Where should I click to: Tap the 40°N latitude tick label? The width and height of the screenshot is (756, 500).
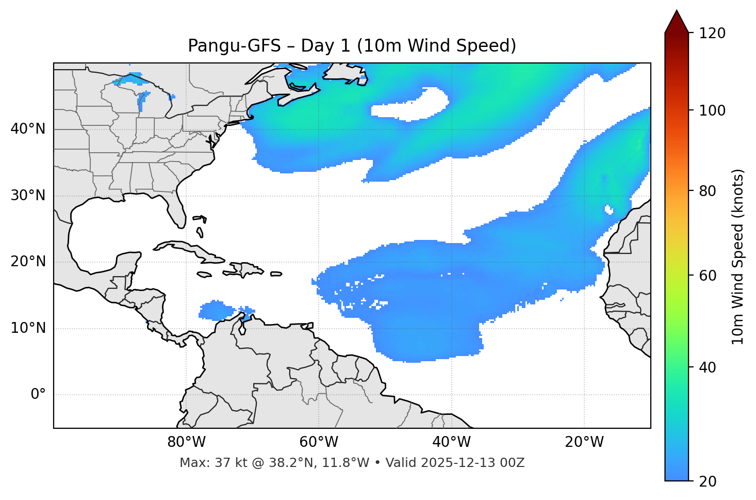(x=28, y=129)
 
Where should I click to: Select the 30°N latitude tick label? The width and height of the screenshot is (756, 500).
(x=28, y=196)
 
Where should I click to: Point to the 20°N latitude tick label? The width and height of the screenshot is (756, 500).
(x=28, y=262)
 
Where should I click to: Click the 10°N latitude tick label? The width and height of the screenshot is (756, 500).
(x=28, y=328)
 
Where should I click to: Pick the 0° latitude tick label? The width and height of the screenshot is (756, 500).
(x=38, y=395)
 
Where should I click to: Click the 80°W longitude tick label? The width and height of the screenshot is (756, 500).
(x=186, y=442)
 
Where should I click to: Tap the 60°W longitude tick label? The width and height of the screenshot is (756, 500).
(x=319, y=442)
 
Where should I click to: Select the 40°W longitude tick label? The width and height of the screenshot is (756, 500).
(x=452, y=442)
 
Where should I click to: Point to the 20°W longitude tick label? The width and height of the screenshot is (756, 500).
(x=584, y=442)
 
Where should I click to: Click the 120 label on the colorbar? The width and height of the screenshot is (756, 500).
(x=713, y=34)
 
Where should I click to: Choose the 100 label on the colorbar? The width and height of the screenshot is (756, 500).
(x=713, y=110)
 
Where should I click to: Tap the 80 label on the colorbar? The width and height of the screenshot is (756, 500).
(x=710, y=191)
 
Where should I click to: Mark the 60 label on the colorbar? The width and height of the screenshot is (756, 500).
(x=710, y=276)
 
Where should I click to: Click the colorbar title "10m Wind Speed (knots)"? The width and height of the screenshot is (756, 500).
(x=738, y=256)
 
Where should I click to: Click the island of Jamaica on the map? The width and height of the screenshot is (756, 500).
(x=204, y=275)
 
